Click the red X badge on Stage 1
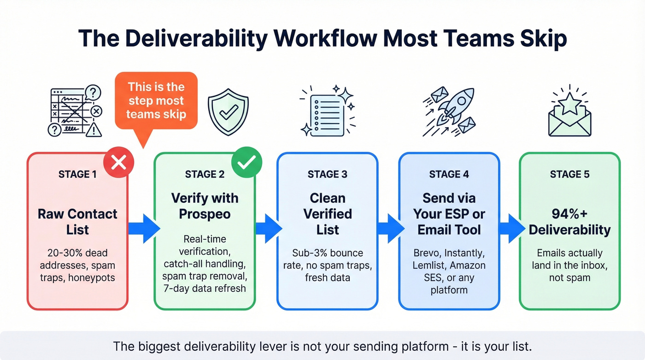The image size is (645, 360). pos(119,162)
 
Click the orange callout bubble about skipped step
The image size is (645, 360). pos(156,101)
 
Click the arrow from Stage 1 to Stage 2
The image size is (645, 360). pos(143,228)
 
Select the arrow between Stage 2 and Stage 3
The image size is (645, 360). pos(268,228)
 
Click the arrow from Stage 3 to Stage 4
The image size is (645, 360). pos(389,228)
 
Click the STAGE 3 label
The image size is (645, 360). pos(327,175)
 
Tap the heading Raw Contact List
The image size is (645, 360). pos(77,222)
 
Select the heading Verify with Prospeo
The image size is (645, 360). pos(205,206)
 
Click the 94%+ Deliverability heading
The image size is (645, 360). pos(569,222)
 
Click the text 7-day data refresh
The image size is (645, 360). pos(205,289)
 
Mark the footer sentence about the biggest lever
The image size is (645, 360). pos(322,346)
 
